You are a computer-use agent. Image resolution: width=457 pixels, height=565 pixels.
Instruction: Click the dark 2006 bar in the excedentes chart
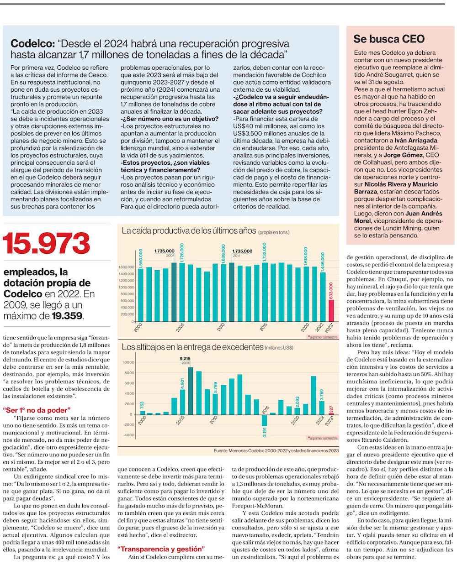pos(191,391)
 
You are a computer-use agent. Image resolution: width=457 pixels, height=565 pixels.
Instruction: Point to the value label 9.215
pos(185,358)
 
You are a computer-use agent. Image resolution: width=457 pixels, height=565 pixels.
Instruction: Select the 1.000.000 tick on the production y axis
pos(126,288)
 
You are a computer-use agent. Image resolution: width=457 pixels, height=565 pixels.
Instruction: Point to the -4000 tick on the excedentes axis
pos(128,435)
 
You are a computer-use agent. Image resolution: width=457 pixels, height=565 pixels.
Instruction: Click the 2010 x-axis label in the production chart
pos(220,328)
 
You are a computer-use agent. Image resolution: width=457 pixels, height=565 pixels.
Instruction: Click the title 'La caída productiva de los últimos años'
pos(188,231)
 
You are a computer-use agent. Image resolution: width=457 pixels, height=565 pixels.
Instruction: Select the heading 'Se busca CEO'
pos(389,39)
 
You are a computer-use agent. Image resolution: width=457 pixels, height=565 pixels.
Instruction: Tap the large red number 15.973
pos(47,244)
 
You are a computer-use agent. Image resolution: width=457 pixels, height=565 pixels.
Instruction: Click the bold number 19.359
pos(68,315)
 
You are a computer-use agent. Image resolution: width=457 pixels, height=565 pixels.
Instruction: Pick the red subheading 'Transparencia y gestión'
pos(161,549)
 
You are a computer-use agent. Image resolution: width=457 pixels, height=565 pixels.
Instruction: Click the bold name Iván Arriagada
pos(416,141)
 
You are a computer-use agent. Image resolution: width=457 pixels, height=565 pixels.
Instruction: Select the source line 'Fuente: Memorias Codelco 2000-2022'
pos(276,450)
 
